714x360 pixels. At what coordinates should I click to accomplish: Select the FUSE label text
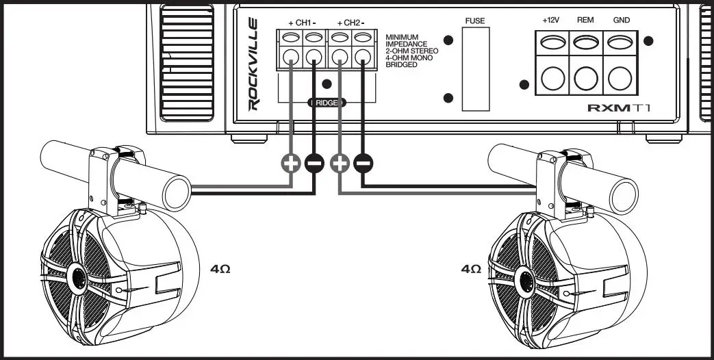[474, 21]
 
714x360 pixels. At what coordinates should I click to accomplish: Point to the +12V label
[551, 21]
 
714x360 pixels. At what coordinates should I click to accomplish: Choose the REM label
[585, 21]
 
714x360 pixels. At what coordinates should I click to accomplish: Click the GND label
[620, 21]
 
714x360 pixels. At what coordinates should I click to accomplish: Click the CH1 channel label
[302, 23]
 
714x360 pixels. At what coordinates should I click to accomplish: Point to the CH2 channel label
[350, 23]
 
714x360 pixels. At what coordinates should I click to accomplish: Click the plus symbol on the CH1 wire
[290, 163]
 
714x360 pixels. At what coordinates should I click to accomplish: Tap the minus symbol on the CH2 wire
[364, 163]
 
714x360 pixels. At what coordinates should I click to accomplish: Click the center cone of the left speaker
[77, 279]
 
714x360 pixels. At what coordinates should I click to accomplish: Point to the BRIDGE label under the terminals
[327, 103]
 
